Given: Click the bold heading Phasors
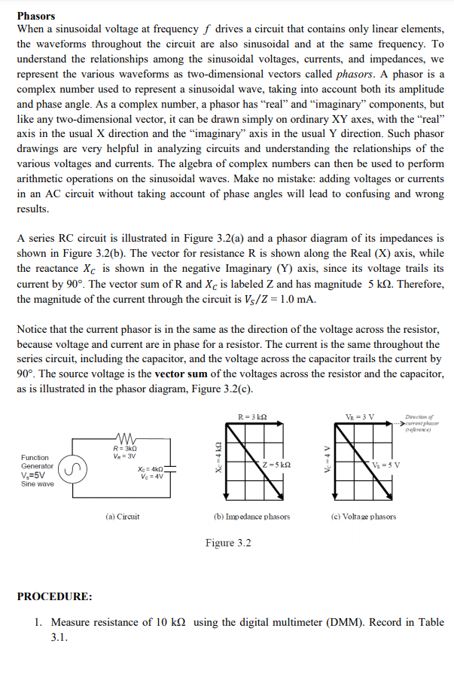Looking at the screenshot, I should pos(35,16).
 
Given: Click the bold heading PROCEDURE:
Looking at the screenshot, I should pos(55,596).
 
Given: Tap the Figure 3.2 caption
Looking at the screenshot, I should pos(228,543).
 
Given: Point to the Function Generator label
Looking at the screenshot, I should pos(37,462).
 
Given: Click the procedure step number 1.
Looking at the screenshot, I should pos(38,623).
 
